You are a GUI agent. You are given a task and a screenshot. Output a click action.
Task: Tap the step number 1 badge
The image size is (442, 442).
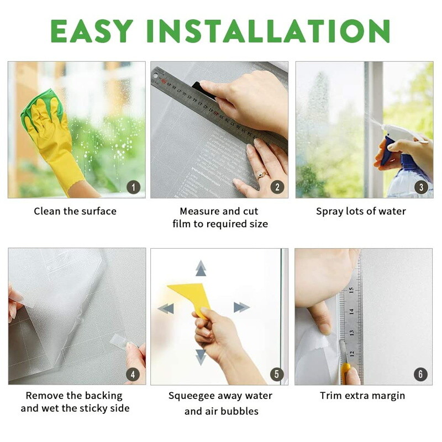(133, 187)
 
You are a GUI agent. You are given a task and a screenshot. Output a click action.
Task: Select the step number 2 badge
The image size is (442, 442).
(277, 187)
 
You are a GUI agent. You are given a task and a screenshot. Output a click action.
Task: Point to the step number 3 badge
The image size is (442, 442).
(420, 187)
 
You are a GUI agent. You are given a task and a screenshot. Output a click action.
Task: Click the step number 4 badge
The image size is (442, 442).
(133, 374)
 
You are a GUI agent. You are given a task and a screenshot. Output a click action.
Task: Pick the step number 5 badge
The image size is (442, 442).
(277, 374)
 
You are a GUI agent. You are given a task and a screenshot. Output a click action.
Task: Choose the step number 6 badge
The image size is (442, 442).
(420, 374)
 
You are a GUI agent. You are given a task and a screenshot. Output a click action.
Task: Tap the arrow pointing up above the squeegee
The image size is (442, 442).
(201, 269)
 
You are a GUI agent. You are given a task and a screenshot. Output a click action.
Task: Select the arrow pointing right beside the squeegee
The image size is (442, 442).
(241, 307)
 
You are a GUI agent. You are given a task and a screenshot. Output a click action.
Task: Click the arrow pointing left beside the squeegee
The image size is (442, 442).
(166, 308)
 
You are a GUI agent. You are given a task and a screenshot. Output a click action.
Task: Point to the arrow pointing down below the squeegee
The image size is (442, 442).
(201, 356)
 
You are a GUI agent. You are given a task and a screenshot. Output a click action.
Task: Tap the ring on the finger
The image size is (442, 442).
(261, 175)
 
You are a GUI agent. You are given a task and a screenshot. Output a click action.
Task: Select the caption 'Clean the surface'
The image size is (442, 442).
(75, 211)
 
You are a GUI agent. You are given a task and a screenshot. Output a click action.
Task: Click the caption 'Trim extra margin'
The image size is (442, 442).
(362, 396)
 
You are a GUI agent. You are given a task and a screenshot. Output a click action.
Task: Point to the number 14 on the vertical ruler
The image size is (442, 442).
(351, 311)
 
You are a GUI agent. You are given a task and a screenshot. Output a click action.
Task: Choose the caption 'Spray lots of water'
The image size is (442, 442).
(361, 211)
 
